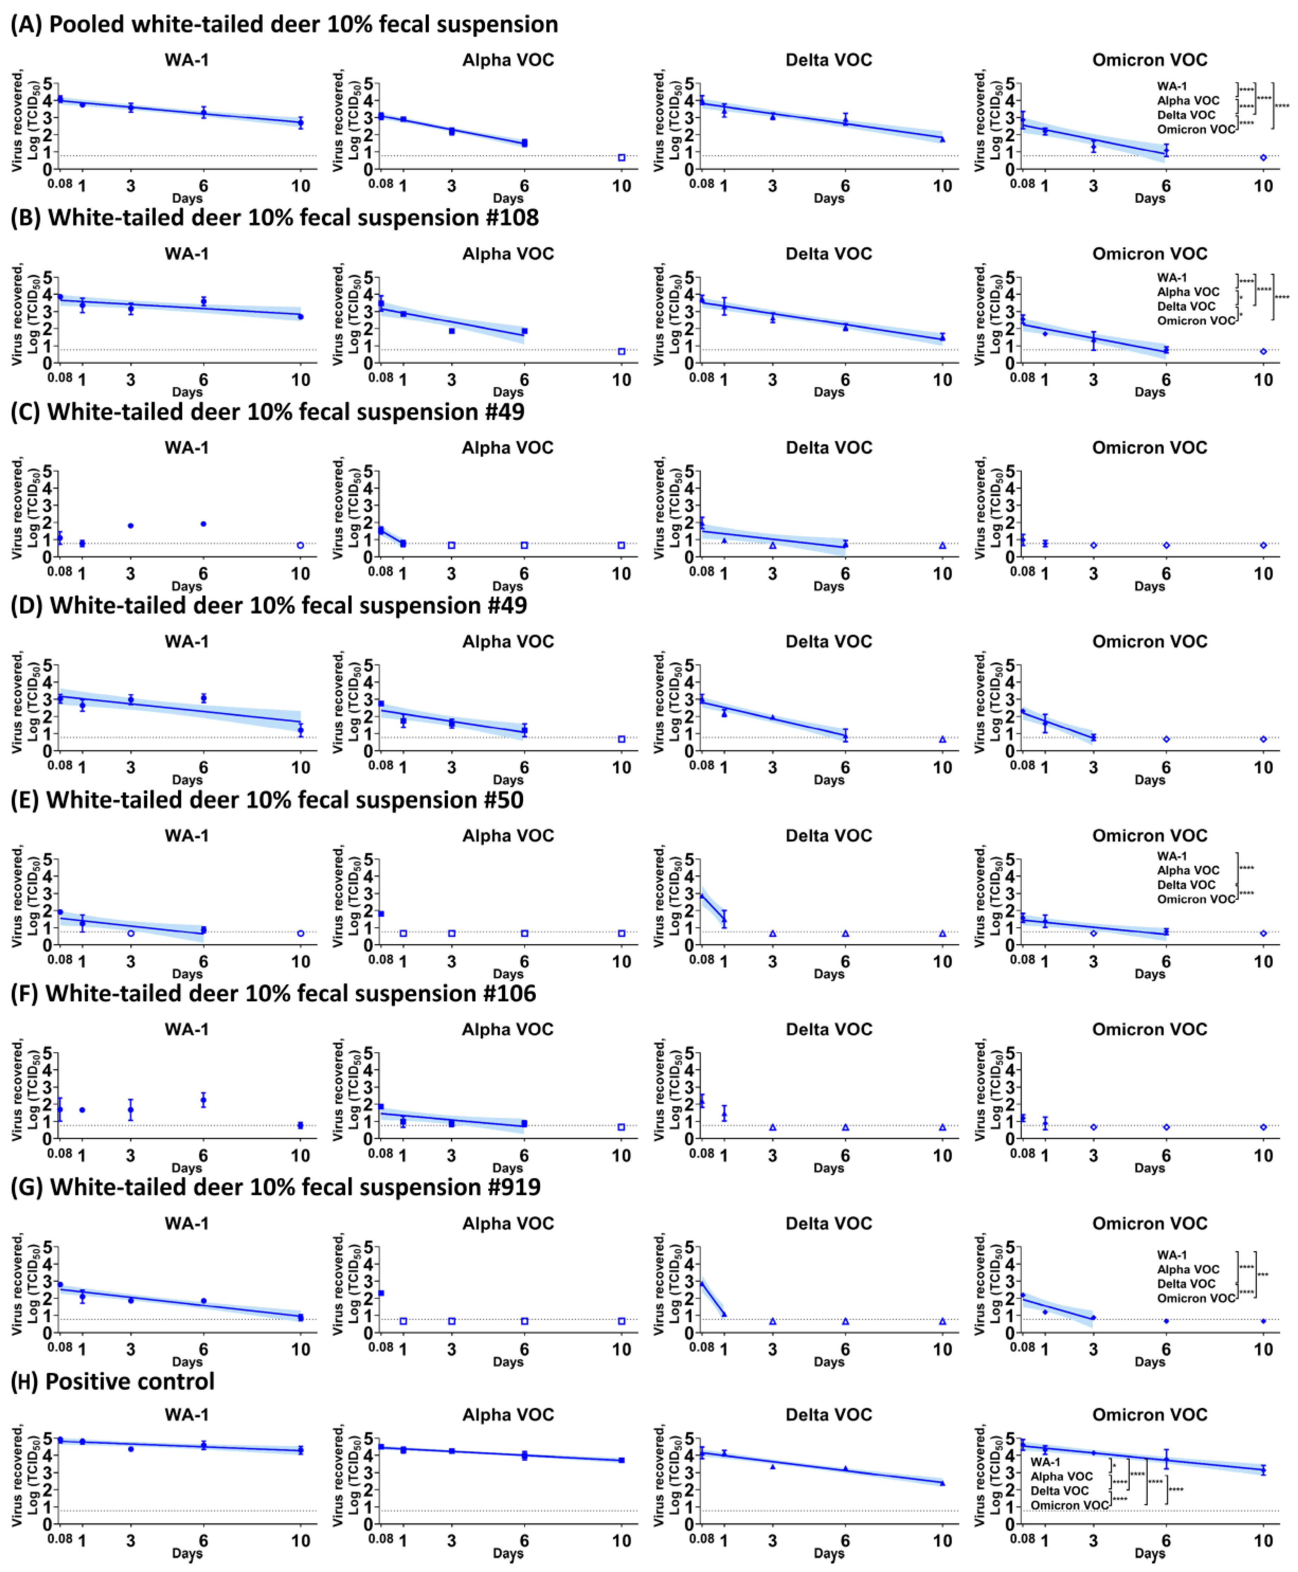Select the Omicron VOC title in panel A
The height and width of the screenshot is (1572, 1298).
1149,60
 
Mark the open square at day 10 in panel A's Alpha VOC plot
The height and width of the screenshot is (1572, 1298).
621,158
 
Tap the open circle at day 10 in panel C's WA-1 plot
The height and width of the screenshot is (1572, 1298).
301,546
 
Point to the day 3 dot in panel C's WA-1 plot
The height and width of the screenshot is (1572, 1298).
131,526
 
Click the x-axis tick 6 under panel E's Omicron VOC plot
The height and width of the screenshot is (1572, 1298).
1166,961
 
